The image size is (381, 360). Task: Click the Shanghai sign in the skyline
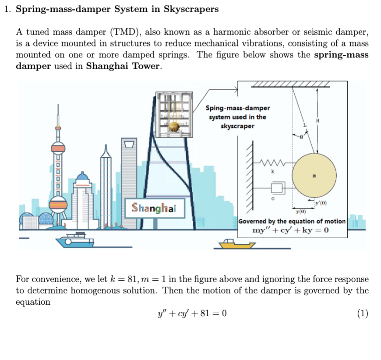click(x=154, y=208)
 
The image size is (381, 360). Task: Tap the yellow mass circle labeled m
click(x=314, y=176)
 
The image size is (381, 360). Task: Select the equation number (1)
click(x=362, y=314)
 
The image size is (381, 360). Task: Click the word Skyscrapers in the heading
click(x=191, y=9)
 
